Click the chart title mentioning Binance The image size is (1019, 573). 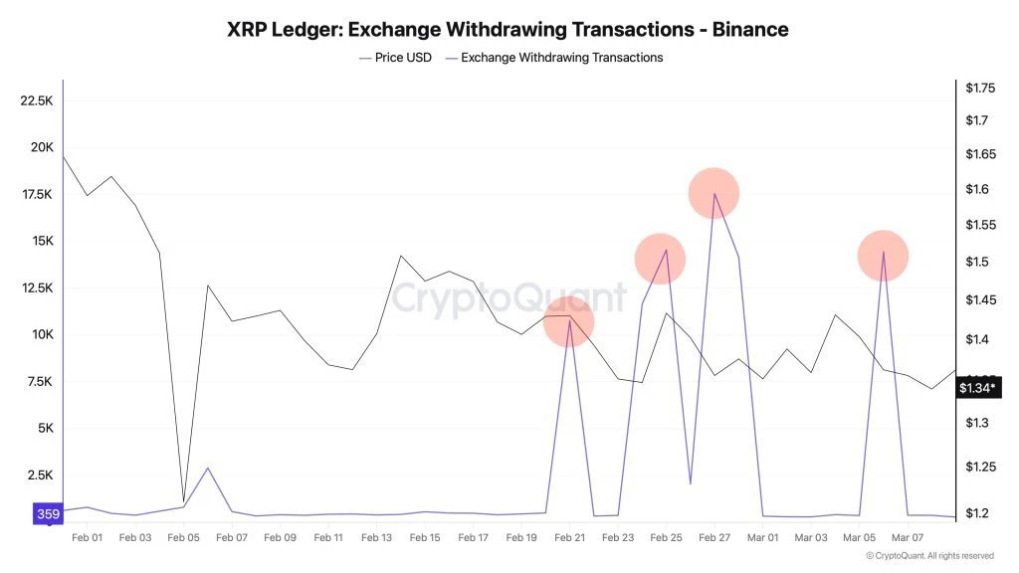(x=508, y=30)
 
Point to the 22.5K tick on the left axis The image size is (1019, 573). (x=36, y=100)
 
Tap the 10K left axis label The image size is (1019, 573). (x=41, y=334)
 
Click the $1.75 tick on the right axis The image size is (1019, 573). (x=980, y=89)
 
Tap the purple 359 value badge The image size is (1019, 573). (x=48, y=514)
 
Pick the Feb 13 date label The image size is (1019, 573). (x=376, y=537)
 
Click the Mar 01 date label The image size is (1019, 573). (x=762, y=537)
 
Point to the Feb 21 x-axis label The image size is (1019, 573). (x=569, y=537)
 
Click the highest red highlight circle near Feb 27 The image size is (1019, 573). (x=713, y=193)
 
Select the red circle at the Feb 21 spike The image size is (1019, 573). (x=569, y=322)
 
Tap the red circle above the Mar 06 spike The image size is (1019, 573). (x=884, y=256)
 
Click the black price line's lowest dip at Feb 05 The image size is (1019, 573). (x=184, y=501)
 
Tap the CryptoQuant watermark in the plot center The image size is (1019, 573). (x=509, y=297)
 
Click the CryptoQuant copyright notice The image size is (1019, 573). (x=929, y=556)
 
